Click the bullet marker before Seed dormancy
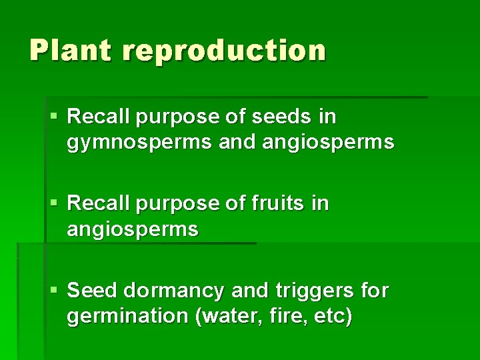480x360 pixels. [x=55, y=291]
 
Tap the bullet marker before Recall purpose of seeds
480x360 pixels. [x=55, y=117]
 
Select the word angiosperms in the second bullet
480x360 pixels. [x=133, y=229]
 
